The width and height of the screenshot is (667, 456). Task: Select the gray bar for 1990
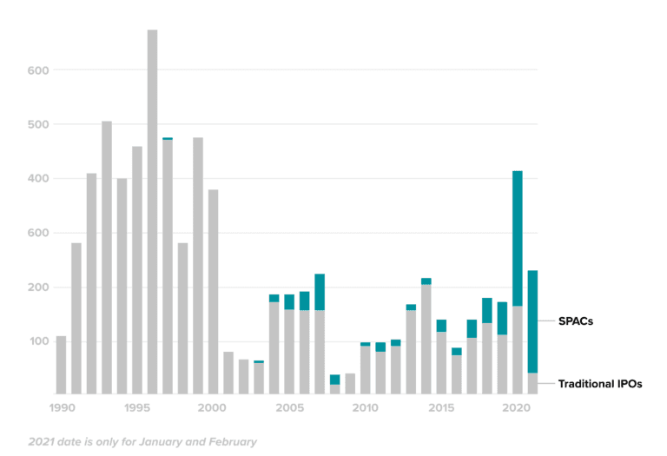(61, 365)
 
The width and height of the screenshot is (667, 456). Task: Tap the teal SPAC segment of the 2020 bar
(517, 238)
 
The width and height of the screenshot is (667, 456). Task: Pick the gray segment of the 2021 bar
(532, 384)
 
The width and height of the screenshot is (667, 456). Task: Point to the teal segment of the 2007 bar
(320, 292)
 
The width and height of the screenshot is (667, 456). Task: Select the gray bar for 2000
(213, 291)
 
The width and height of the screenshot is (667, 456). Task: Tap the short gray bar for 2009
(350, 384)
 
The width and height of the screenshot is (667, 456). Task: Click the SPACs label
(576, 321)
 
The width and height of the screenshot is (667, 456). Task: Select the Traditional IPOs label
(600, 384)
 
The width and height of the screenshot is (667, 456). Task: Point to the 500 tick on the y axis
(37, 124)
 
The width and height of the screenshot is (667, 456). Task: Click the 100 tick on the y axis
(37, 341)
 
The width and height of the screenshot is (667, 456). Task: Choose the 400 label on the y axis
(37, 179)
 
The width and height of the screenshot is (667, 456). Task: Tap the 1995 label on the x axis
(136, 407)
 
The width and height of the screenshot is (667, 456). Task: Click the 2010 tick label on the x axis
(365, 407)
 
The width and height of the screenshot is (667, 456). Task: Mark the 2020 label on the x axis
(517, 407)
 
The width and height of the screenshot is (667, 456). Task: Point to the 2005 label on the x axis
(288, 407)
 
